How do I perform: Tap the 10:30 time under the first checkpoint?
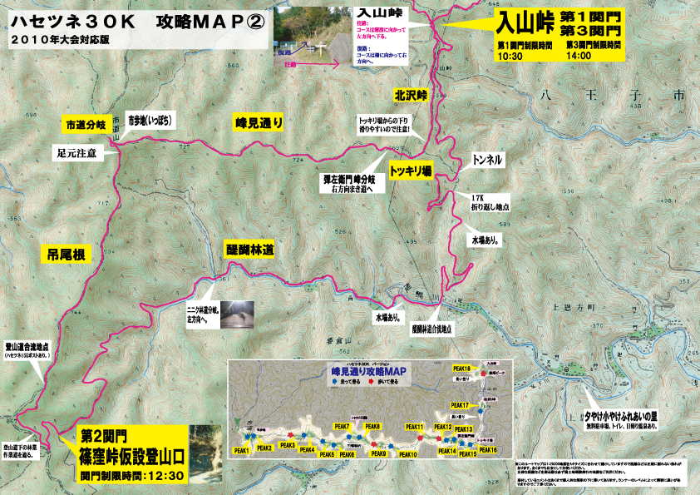(x=510, y=57)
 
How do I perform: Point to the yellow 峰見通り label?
(x=259, y=123)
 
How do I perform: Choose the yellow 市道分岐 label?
(x=86, y=124)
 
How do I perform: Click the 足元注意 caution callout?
(x=76, y=154)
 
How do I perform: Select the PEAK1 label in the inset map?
(x=242, y=450)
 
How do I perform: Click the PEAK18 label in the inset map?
(x=461, y=369)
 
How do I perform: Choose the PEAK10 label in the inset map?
(x=407, y=454)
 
